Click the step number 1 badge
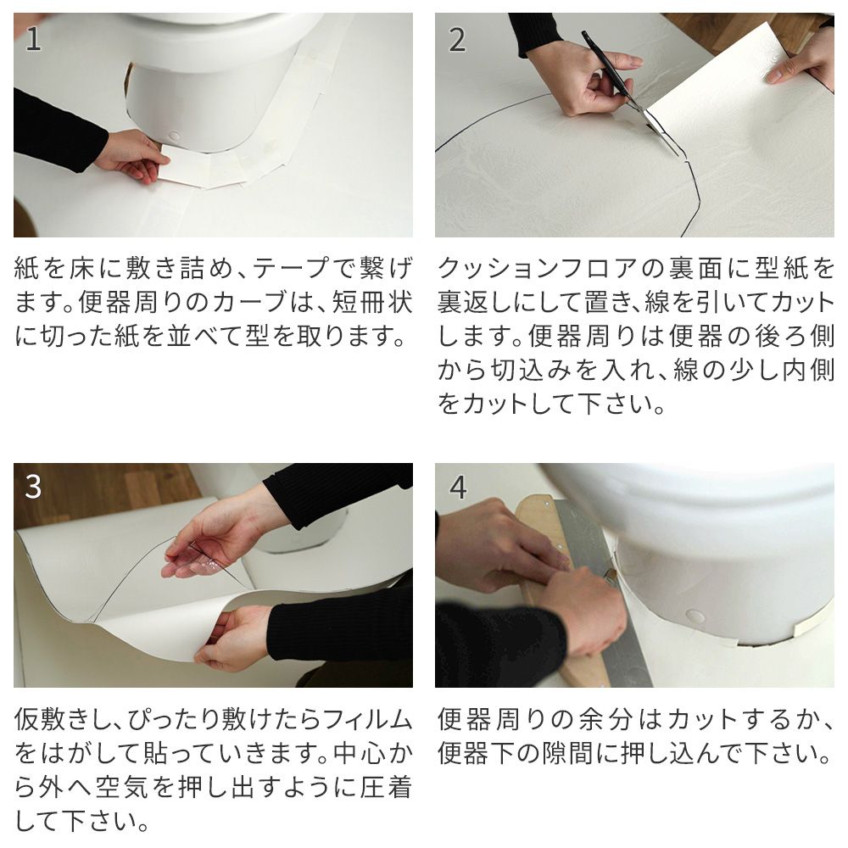pos(33,39)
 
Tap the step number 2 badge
pos(457,39)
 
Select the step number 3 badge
pos(33,488)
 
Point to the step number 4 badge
pos(458,488)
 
